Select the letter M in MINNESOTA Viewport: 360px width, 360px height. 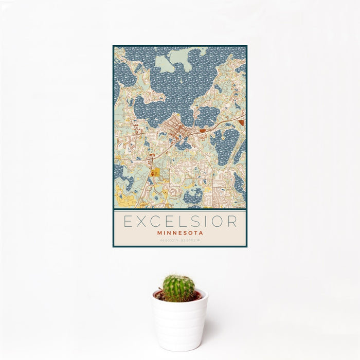coord(161,232)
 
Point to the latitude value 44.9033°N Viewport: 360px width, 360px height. coord(169,240)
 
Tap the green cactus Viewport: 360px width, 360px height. coord(179,287)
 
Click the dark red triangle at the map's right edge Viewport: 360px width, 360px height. coord(241,123)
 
